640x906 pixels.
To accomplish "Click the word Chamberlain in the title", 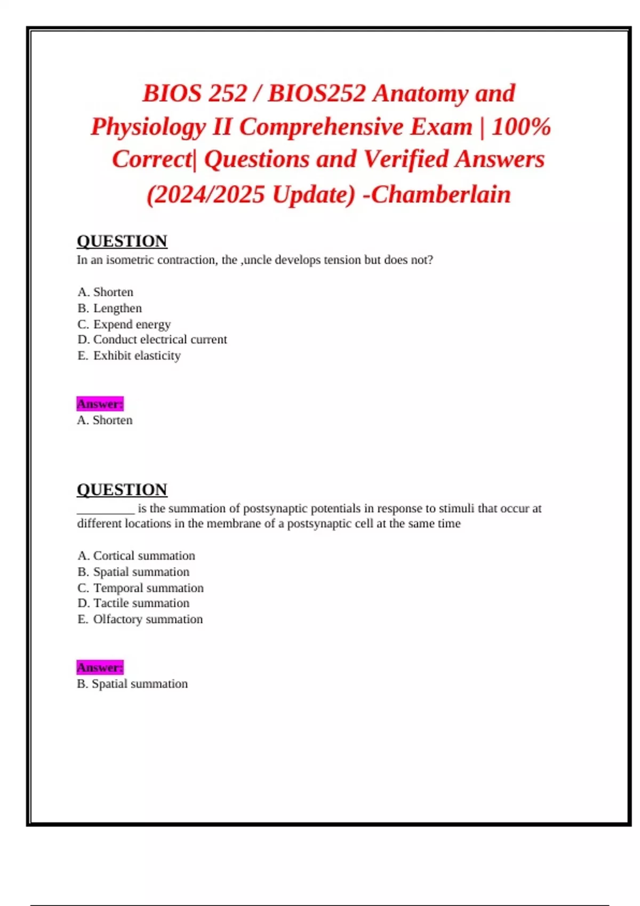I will click(x=441, y=194).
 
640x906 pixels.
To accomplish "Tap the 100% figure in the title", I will click(x=521, y=127).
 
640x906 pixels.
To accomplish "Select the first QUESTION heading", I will click(x=122, y=241).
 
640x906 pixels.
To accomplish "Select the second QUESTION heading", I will click(x=122, y=489).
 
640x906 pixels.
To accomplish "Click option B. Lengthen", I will click(x=110, y=308).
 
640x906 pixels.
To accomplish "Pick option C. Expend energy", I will click(x=124, y=324).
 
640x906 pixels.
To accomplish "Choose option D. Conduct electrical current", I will click(x=152, y=339).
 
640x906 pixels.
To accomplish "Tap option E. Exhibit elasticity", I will click(x=129, y=355).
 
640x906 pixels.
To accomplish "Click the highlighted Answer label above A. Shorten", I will click(x=100, y=404).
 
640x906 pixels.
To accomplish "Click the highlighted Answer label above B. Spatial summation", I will click(x=100, y=667).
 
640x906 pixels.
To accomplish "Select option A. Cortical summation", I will click(x=137, y=555).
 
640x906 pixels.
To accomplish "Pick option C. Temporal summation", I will click(x=141, y=588).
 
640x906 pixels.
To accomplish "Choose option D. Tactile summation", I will click(x=133, y=603).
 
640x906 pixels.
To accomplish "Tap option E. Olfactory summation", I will click(x=140, y=619).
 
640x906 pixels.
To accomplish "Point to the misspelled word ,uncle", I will click(x=257, y=260).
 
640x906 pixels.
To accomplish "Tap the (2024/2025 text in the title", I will click(x=205, y=194).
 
